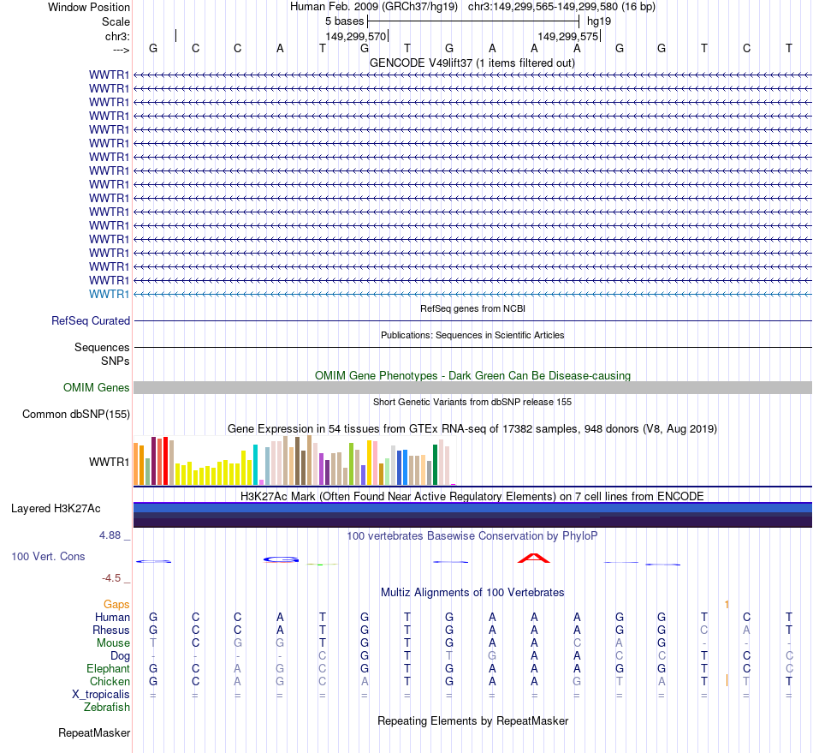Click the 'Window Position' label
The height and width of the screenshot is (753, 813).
pyautogui.click(x=89, y=7)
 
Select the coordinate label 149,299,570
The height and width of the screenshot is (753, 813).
pyautogui.click(x=356, y=36)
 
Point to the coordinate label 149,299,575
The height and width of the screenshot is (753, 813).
pyautogui.click(x=568, y=36)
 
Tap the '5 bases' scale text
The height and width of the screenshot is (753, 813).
pyautogui.click(x=344, y=21)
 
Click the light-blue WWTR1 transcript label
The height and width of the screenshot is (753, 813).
pyautogui.click(x=110, y=294)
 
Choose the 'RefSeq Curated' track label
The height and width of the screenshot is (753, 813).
pyautogui.click(x=91, y=320)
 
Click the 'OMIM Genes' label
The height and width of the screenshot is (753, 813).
pyautogui.click(x=97, y=387)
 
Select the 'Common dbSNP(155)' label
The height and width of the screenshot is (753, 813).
pyautogui.click(x=76, y=415)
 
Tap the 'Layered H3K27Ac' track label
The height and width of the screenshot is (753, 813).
pyautogui.click(x=56, y=508)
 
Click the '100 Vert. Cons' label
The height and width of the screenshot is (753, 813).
pyautogui.click(x=48, y=556)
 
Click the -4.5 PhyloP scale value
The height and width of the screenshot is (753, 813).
pyautogui.click(x=112, y=578)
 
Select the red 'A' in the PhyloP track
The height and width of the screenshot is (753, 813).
pyautogui.click(x=534, y=559)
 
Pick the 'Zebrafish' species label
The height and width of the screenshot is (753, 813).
pyautogui.click(x=107, y=707)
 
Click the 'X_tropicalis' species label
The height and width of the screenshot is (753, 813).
pyautogui.click(x=100, y=694)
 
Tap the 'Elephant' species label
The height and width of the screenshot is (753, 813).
pyautogui.click(x=109, y=668)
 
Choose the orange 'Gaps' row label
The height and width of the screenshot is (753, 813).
pyautogui.click(x=117, y=604)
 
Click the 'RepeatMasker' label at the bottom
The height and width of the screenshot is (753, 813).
pyautogui.click(x=94, y=732)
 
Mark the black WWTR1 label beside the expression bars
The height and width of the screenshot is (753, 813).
pyautogui.click(x=110, y=462)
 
